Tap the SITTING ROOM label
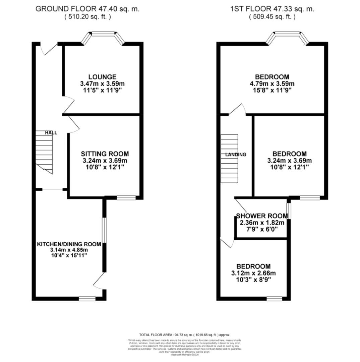click(105, 154)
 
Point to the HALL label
click(51, 133)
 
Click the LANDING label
click(236, 155)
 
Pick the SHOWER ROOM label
click(262, 216)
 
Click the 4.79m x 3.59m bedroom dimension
click(272, 84)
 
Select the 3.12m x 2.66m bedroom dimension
click(253, 273)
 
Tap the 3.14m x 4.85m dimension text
click(69, 250)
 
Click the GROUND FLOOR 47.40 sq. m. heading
click(87, 9)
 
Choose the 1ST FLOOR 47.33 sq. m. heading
click(272, 9)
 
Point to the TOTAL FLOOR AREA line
click(184, 335)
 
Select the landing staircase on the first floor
click(229, 159)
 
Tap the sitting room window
click(126, 198)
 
